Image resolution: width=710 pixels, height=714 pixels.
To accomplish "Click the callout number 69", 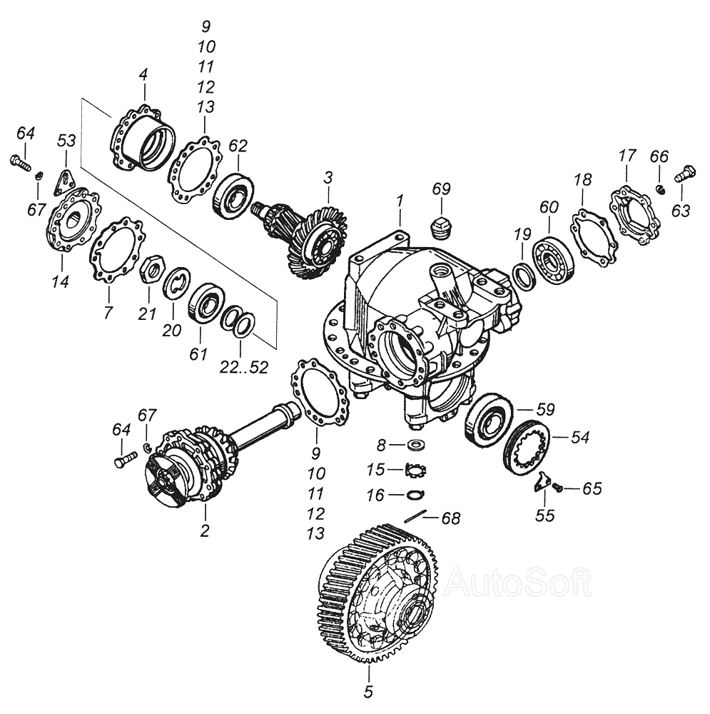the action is (441, 188).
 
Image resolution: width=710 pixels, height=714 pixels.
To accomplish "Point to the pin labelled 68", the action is (415, 516).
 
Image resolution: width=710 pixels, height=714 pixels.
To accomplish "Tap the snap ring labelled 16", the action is (415, 494).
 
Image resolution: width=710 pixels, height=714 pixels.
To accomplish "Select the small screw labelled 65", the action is (558, 488).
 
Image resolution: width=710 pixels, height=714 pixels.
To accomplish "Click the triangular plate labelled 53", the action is (64, 181).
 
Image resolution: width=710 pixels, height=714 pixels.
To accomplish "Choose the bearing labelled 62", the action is (233, 196).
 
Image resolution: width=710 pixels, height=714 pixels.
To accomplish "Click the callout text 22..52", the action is (243, 367).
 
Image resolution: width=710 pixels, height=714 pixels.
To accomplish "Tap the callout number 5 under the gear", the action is (369, 691).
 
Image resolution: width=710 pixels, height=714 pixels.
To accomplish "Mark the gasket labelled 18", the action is (594, 236).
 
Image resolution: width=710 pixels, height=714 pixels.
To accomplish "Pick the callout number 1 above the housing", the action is (400, 201).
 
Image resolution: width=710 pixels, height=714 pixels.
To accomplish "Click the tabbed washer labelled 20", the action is (177, 283).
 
